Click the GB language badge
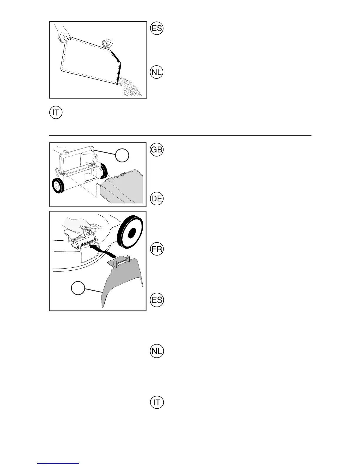pyautogui.click(x=156, y=150)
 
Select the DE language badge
pyautogui.click(x=156, y=199)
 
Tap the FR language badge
pyautogui.click(x=156, y=249)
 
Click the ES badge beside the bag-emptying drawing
pyautogui.click(x=156, y=29)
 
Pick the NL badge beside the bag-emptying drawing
pyautogui.click(x=156, y=72)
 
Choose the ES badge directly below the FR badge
pyautogui.click(x=156, y=300)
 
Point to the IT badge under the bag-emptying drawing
pyautogui.click(x=56, y=113)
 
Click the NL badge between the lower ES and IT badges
pyautogui.click(x=156, y=351)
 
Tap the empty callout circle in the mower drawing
pyautogui.click(x=122, y=155)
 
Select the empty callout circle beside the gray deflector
pyautogui.click(x=79, y=289)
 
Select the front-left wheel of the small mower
pyautogui.click(x=59, y=187)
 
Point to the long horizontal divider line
pyautogui.click(x=180, y=136)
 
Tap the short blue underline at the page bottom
pyautogui.click(x=58, y=464)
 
